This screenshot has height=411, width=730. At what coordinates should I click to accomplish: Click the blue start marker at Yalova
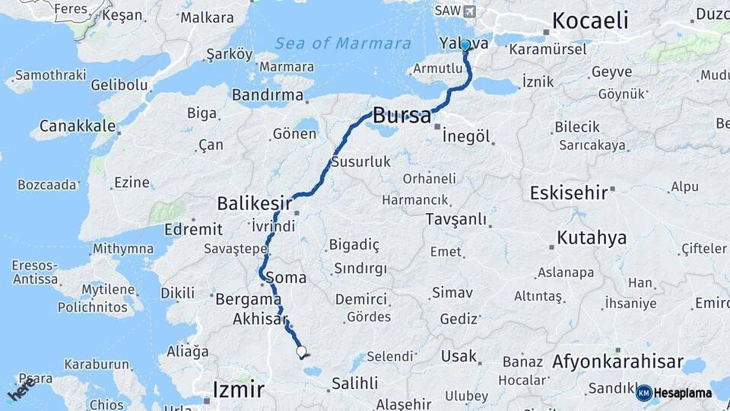(x=465, y=46)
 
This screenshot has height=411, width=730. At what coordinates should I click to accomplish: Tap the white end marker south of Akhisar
(x=301, y=352)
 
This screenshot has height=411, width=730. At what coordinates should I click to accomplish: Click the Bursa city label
(x=401, y=116)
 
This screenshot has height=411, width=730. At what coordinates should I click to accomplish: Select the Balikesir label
(x=255, y=203)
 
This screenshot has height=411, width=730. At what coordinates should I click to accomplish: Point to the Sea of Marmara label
(x=343, y=43)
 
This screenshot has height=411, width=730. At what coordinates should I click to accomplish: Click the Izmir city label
(x=239, y=390)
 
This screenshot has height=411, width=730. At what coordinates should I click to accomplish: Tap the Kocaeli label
(x=590, y=21)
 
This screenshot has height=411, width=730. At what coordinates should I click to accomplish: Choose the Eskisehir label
(x=569, y=193)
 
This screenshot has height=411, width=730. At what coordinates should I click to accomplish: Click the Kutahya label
(x=592, y=238)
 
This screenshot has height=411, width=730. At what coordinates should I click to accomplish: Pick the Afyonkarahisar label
(x=617, y=362)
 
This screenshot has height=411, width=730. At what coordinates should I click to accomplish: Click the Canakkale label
(x=78, y=126)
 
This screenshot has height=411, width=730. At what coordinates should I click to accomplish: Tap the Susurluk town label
(x=360, y=161)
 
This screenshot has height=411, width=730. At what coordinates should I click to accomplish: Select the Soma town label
(x=286, y=278)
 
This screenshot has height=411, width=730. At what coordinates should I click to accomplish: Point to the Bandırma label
(x=268, y=95)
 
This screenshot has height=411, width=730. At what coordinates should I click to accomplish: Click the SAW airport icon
(x=468, y=11)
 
